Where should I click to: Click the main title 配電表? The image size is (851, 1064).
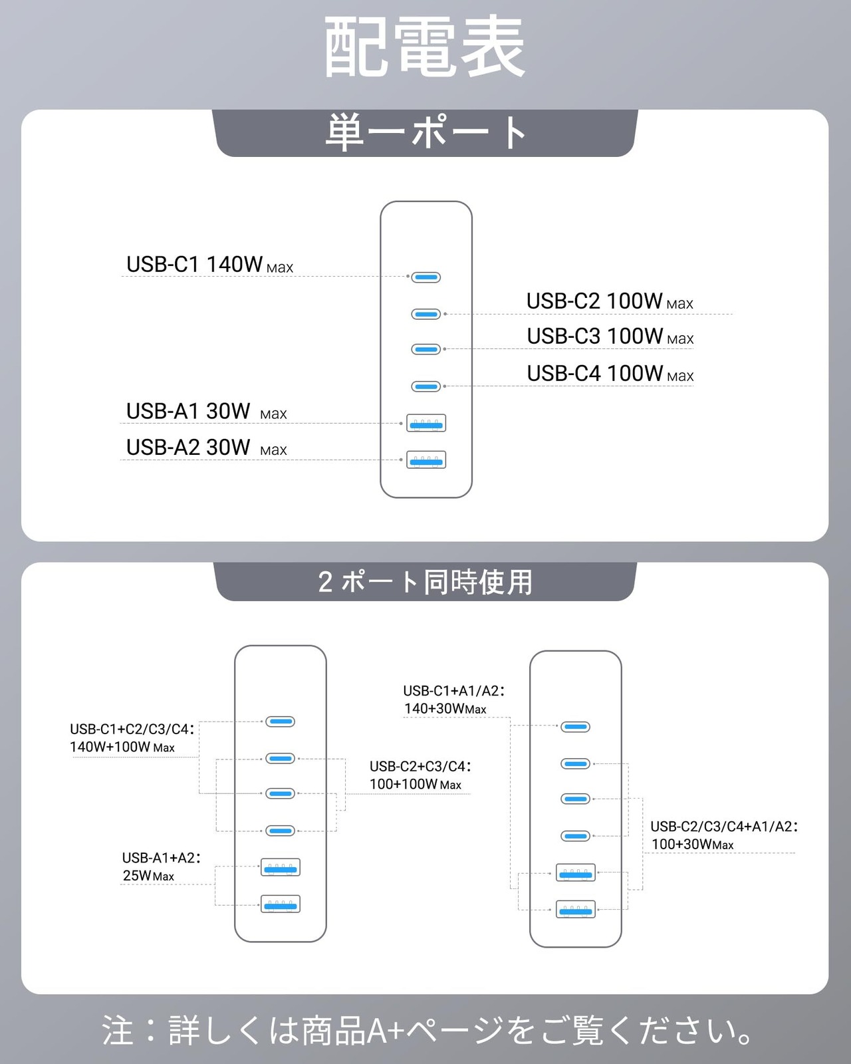point(425,48)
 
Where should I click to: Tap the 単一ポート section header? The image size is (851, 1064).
point(425,132)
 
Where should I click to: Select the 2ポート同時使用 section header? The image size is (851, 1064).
point(425,582)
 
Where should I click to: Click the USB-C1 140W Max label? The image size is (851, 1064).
point(209,265)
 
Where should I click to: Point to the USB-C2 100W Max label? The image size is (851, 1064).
point(610,301)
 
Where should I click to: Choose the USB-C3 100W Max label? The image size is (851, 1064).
point(610,336)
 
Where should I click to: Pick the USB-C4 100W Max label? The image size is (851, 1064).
point(610,374)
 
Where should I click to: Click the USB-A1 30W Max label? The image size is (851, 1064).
point(206,412)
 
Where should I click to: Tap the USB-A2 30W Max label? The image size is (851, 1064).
point(206,448)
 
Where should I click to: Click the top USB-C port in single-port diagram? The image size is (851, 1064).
point(426,277)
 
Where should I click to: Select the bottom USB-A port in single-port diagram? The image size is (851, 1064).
point(426,460)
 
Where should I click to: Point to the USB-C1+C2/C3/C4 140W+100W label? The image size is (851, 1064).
point(132,738)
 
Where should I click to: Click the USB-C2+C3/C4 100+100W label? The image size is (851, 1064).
point(420,775)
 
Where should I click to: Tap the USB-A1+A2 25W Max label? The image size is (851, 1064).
point(160,866)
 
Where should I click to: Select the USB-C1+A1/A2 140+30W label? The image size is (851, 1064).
point(453,700)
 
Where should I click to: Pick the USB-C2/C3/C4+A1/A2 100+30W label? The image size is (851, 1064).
point(723,835)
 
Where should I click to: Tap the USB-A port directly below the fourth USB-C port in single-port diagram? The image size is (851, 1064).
point(426,423)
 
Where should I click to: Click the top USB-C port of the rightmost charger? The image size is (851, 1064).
point(575,727)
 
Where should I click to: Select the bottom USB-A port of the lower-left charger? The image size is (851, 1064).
point(281,904)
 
